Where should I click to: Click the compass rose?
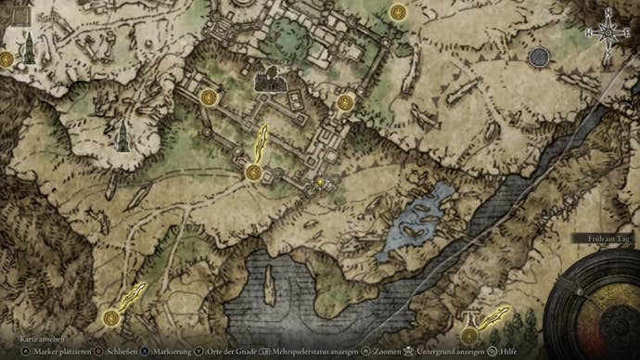608,32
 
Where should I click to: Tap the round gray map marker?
539,58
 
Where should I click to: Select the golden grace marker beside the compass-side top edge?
398,12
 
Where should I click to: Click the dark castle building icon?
269,80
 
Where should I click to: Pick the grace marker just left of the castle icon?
209,96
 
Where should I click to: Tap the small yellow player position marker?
321,183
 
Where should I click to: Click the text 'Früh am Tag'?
608,238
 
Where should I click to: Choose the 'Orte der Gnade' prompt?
224,353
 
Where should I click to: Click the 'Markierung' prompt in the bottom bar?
166,353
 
